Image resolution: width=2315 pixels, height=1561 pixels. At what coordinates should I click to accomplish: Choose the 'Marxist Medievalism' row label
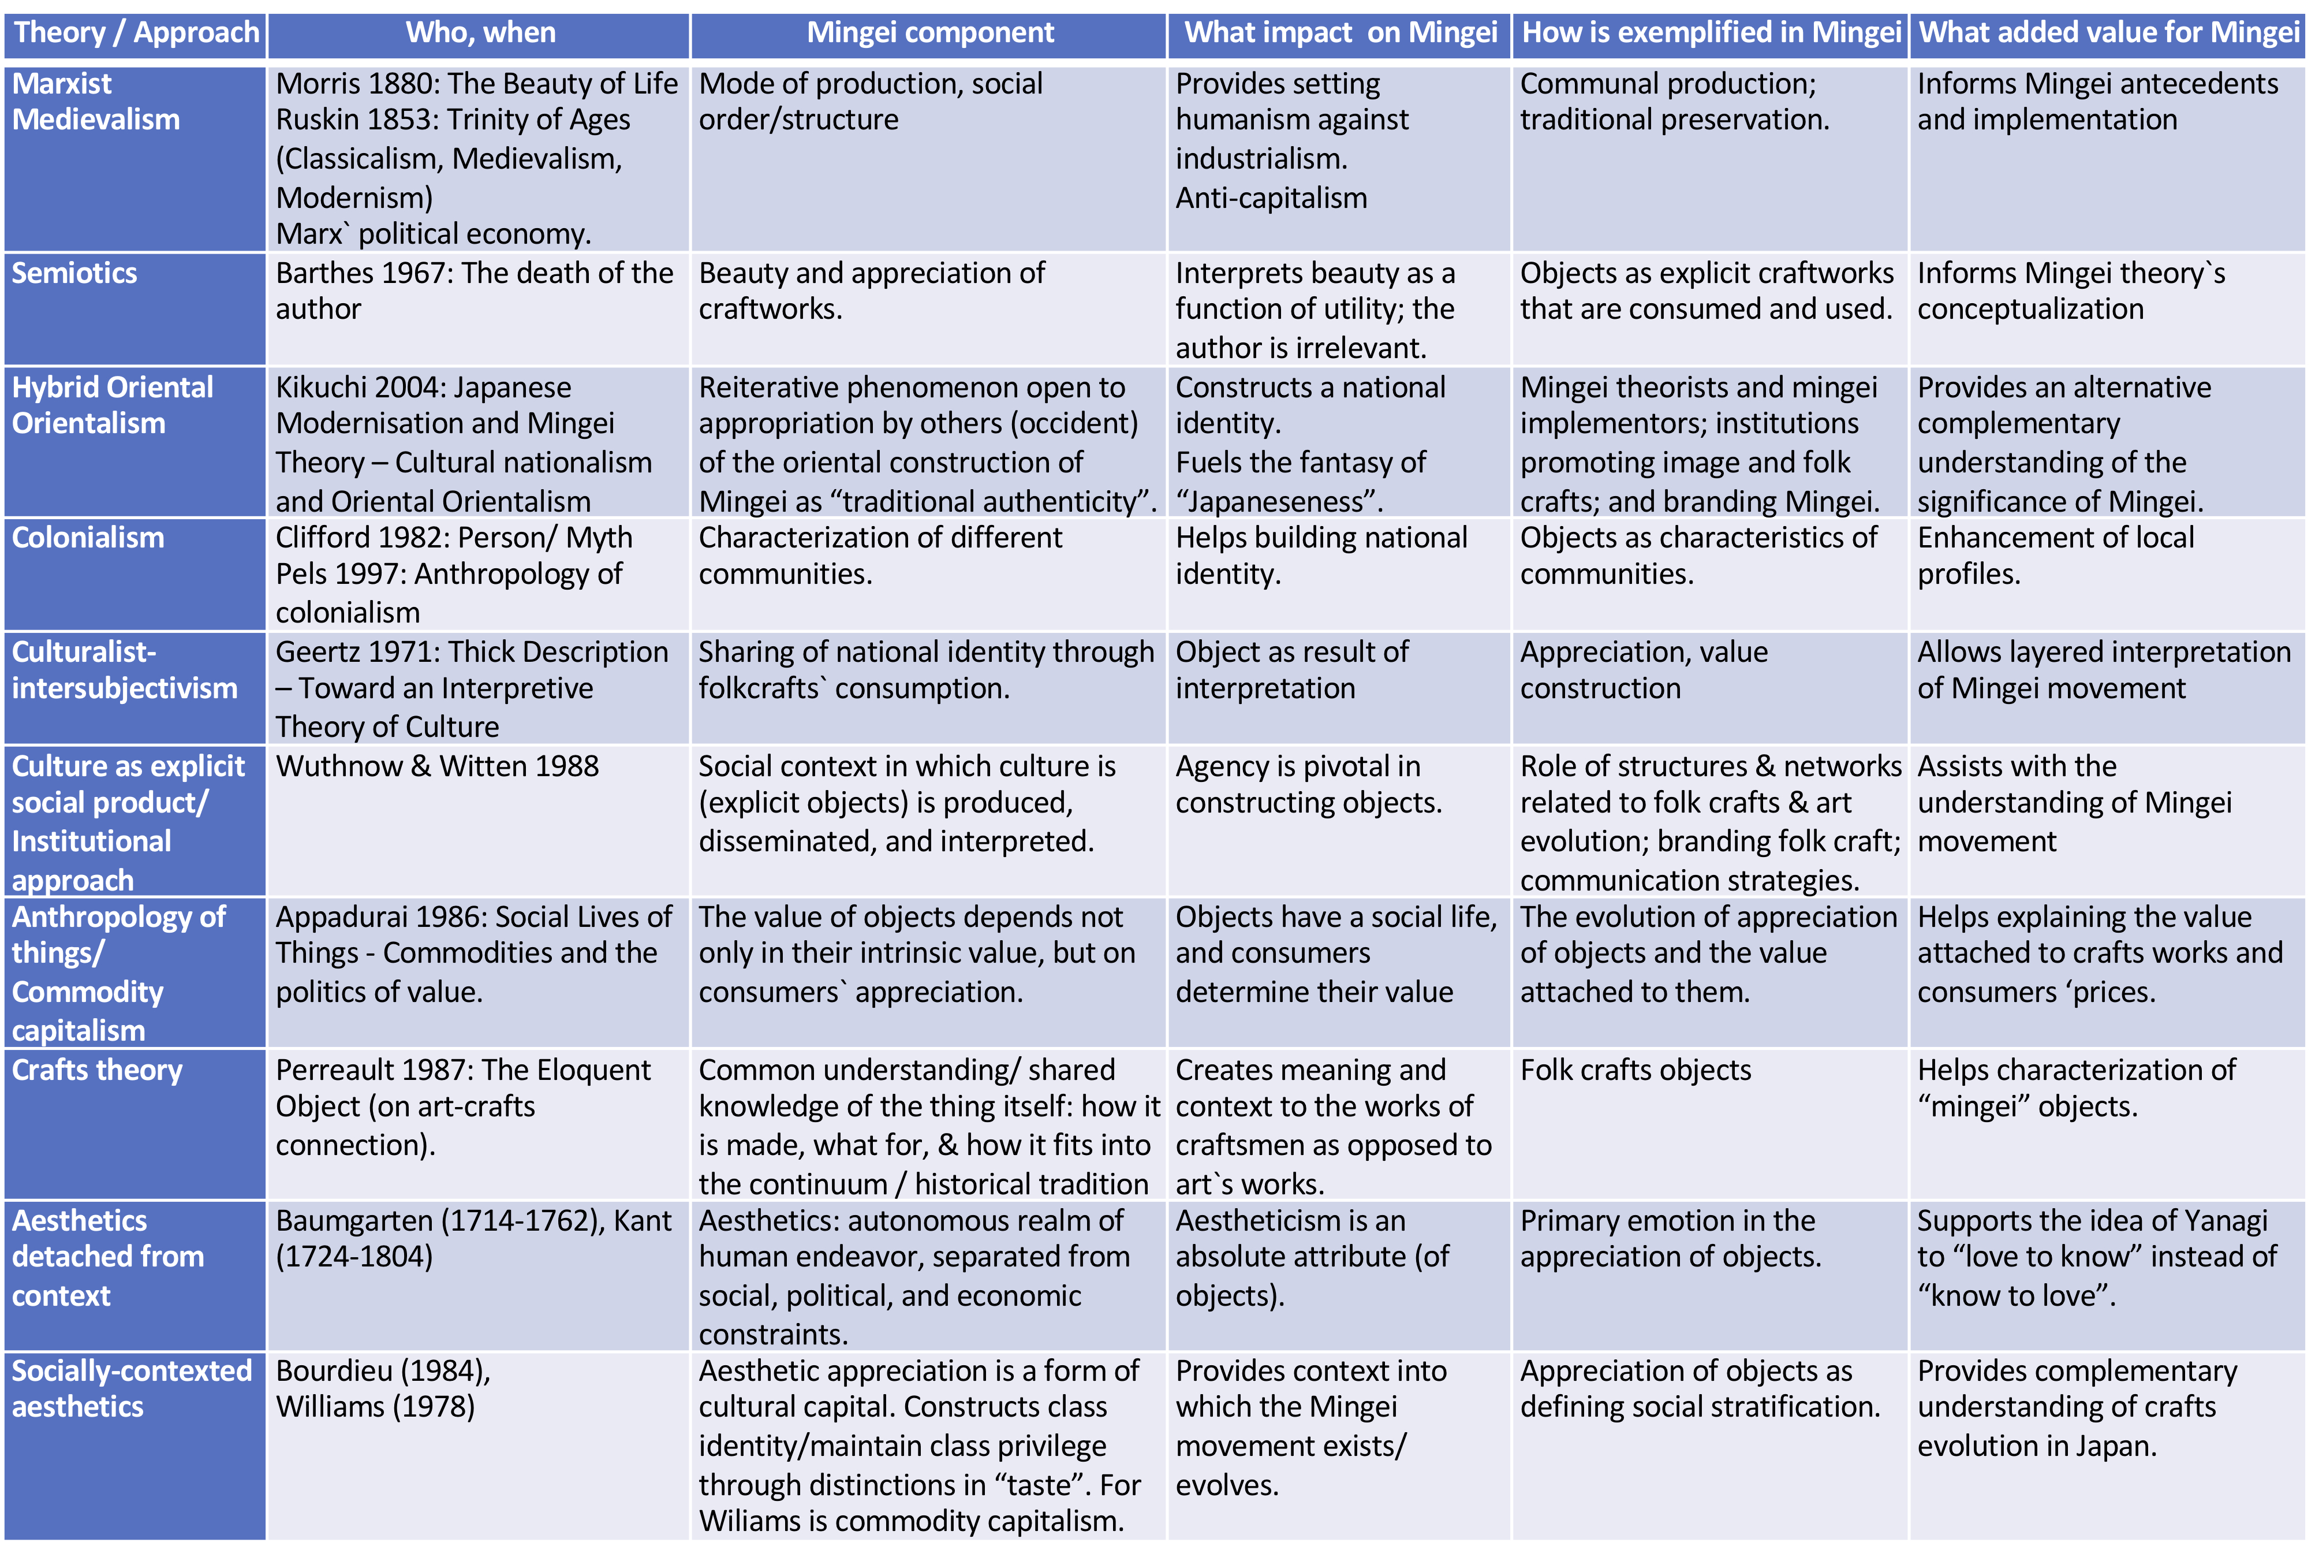click(96, 102)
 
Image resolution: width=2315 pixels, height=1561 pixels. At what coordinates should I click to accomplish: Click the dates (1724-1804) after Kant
click(354, 1257)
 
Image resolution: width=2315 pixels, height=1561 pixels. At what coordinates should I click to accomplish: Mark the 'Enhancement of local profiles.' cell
click(2055, 556)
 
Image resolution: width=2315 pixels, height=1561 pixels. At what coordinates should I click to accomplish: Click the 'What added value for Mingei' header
click(2108, 33)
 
